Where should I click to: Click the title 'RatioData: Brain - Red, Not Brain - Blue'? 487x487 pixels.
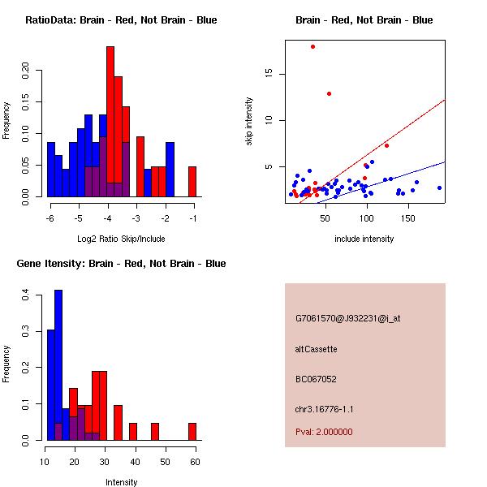click(121, 20)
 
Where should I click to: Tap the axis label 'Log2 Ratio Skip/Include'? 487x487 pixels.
click(121, 239)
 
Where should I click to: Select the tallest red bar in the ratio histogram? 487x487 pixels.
click(110, 122)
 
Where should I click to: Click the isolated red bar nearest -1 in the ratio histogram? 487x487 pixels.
click(192, 181)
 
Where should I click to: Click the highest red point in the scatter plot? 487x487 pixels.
click(312, 46)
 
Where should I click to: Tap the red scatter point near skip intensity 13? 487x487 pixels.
click(329, 93)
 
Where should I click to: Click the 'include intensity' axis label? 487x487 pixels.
click(364, 239)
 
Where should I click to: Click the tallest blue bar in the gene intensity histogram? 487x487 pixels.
click(58, 364)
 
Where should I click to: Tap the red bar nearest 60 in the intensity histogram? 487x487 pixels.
click(192, 431)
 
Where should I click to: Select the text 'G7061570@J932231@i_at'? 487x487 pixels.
click(348, 318)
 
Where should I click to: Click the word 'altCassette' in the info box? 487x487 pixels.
click(317, 349)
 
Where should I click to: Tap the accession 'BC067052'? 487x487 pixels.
click(317, 379)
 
